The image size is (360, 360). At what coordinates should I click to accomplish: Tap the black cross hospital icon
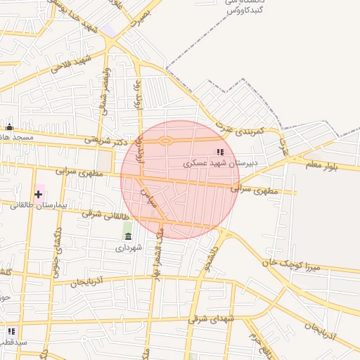38,193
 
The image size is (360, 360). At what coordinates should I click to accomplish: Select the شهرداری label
129,247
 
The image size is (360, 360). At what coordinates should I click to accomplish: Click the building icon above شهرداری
127,236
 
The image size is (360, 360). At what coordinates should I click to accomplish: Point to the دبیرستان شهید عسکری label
221,163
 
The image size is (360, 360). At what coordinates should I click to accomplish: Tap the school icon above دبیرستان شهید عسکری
220,152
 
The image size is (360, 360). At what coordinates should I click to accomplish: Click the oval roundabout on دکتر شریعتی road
165,141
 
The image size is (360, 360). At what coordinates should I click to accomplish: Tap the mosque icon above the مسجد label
9,127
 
